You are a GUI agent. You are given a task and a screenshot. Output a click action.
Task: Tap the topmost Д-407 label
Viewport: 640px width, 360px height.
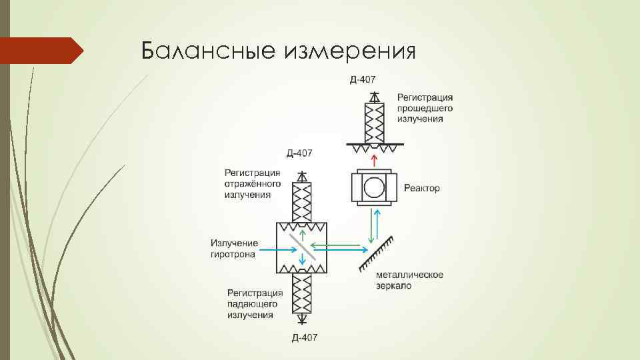(363, 81)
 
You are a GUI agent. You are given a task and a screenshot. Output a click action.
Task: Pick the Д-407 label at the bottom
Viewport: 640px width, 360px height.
(304, 338)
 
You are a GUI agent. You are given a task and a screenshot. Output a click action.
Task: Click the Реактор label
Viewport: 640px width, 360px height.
(422, 189)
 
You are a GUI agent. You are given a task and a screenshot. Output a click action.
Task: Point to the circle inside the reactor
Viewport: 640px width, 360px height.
(374, 188)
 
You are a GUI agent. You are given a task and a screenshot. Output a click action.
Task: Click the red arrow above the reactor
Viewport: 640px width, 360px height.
(374, 160)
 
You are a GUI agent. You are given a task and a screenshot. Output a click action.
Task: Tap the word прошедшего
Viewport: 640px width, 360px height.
(425, 108)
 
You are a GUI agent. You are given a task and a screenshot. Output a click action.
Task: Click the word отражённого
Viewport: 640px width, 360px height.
(253, 184)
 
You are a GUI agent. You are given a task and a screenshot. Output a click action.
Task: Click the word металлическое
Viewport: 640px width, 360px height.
(409, 275)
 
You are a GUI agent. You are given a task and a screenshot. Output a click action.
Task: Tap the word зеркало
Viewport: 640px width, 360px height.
(393, 286)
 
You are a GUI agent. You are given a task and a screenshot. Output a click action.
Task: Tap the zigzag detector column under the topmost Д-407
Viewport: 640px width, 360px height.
(375, 120)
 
